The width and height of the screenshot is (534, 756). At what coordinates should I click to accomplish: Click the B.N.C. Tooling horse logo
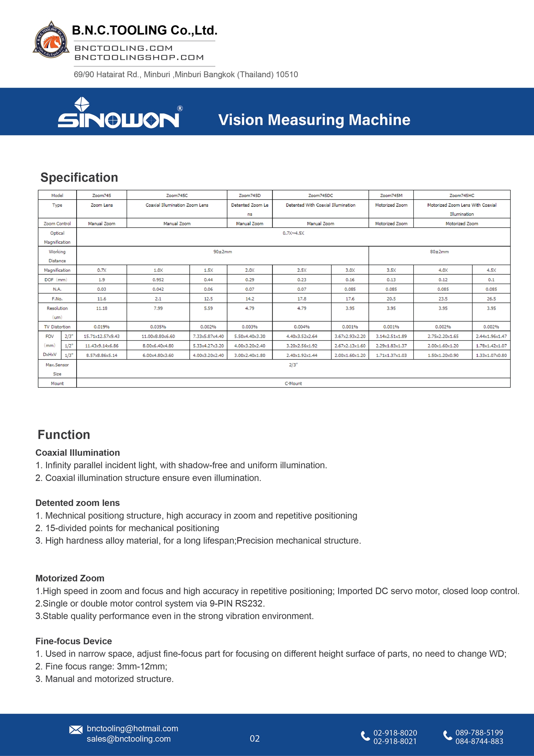[x=51, y=40]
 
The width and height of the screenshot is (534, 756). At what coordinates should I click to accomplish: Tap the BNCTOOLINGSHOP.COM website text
[x=139, y=57]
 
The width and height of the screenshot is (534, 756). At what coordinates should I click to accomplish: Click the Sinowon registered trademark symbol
[x=180, y=108]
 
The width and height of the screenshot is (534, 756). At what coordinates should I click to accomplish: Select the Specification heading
[x=79, y=177]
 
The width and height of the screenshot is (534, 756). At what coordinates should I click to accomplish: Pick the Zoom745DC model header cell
[x=320, y=195]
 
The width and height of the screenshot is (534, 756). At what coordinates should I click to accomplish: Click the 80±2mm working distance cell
[x=439, y=252]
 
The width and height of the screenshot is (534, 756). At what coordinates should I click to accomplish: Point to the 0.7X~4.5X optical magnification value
[x=293, y=233]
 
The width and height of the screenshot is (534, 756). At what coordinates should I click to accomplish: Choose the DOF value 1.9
[x=101, y=280]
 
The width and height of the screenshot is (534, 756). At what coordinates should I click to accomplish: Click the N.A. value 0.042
[x=158, y=289]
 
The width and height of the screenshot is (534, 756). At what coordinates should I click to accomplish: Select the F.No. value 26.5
[x=491, y=299]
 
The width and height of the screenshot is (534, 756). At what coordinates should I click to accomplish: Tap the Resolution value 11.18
[x=101, y=308]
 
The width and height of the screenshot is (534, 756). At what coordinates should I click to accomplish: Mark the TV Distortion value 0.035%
[x=158, y=327]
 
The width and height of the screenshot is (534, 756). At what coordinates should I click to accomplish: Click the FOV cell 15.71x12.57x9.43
[x=101, y=336]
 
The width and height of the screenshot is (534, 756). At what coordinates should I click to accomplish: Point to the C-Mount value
[x=293, y=383]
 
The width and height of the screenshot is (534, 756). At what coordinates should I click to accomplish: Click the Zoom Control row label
[x=57, y=224]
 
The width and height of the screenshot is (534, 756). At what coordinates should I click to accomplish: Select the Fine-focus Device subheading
[x=74, y=641]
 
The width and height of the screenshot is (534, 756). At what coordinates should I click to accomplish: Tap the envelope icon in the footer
[x=76, y=730]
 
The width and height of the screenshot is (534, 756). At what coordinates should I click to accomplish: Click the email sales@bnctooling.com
[x=129, y=739]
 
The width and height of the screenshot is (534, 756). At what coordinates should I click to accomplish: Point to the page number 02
[x=255, y=739]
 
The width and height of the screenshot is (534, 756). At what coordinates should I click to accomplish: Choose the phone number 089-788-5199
[x=479, y=732]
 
